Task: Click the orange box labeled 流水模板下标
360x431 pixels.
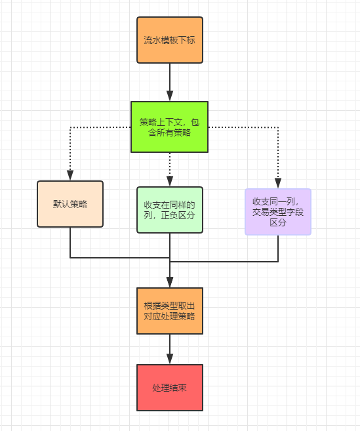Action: click(170, 40)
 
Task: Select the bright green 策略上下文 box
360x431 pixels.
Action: click(169, 127)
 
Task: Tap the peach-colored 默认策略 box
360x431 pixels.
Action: click(70, 204)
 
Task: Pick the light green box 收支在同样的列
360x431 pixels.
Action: click(170, 210)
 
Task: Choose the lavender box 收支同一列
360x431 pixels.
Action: click(278, 212)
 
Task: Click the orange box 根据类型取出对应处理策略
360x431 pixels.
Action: click(170, 310)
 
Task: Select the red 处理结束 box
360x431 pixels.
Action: click(170, 388)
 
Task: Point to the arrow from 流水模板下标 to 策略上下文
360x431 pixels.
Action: click(170, 82)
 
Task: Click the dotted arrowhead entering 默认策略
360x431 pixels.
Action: click(70, 176)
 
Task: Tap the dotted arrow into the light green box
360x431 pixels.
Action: click(170, 171)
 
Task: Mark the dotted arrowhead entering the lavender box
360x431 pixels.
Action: click(278, 184)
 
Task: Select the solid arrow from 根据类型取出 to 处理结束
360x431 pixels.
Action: click(170, 349)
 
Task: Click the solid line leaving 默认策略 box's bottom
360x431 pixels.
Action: click(70, 243)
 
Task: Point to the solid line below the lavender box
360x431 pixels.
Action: click(278, 248)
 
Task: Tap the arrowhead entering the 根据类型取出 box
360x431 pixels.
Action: click(170, 283)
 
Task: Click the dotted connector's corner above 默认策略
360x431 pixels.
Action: click(70, 127)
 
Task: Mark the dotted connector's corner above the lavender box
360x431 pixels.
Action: click(278, 127)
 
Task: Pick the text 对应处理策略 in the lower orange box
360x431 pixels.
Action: click(170, 316)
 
